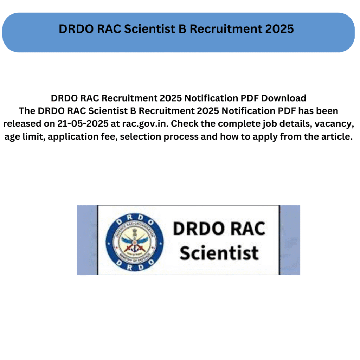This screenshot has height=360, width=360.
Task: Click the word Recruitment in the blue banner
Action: tap(226, 29)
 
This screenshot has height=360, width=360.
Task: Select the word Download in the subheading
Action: tap(284, 98)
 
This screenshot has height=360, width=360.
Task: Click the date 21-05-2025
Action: tap(83, 123)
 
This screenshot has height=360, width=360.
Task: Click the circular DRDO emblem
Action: tap(135, 242)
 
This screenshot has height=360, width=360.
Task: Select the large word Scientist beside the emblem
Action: tap(219, 253)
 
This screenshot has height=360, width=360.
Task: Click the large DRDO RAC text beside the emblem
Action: tap(219, 229)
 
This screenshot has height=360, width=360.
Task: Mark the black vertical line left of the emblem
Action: tap(98, 240)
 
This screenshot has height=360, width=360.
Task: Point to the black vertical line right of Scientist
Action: tap(279, 240)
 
